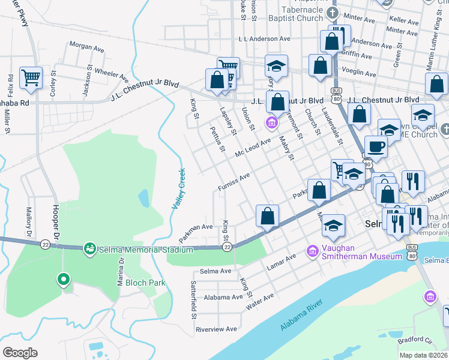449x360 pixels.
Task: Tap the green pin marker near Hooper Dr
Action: coord(62,280)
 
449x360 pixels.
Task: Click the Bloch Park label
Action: coord(140,283)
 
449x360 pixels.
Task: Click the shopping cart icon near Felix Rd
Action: coord(31,77)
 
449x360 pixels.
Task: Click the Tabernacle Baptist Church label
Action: coord(294,14)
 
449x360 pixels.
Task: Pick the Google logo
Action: coord(20,353)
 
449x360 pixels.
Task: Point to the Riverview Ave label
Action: coord(216,329)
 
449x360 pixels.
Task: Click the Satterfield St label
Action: coord(194,299)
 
